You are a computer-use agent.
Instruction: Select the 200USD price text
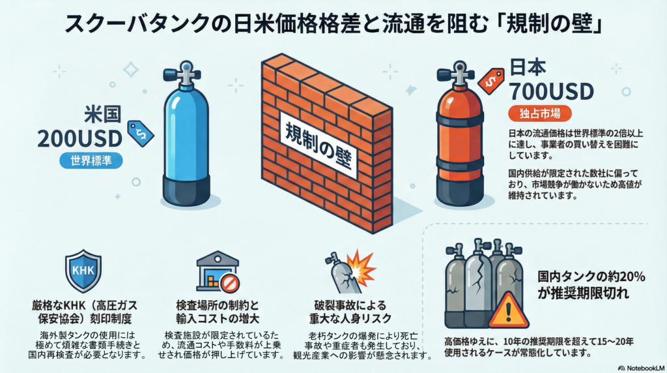pos(79,139)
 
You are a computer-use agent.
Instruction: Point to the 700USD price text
pos(551,91)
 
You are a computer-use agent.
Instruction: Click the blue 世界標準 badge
pos(91,161)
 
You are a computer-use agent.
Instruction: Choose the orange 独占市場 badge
pos(540,113)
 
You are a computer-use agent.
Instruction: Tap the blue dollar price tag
pos(141,133)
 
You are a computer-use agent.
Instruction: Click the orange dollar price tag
pos(491,82)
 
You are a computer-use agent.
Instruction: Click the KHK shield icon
pos(83,271)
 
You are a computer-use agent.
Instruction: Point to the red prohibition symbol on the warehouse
pos(230,283)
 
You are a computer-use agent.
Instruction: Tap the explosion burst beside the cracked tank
pos(360,267)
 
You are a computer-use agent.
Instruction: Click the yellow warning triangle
pos(508,310)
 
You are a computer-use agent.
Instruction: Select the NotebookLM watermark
pos(642,368)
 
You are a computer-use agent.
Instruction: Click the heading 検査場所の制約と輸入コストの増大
pos(218,312)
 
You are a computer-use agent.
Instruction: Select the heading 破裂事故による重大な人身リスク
pos(350,312)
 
